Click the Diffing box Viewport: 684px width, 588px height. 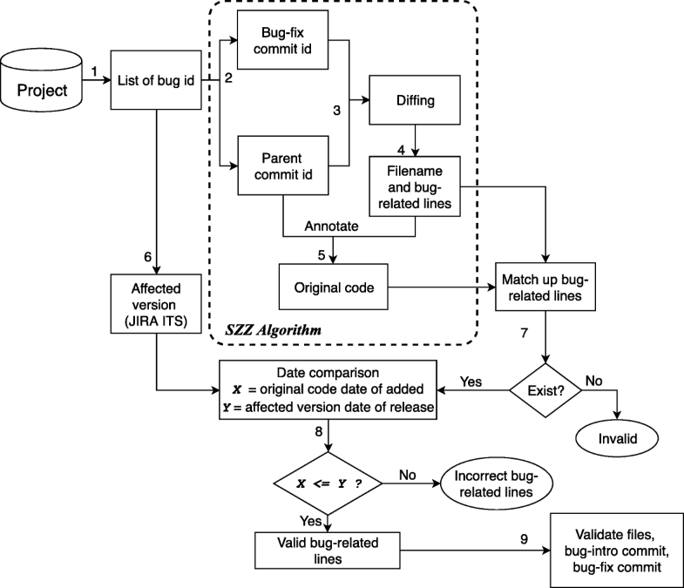(414, 101)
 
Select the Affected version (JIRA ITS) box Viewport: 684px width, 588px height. (157, 304)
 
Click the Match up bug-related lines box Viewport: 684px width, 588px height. (545, 287)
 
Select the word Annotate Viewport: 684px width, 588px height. (333, 225)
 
